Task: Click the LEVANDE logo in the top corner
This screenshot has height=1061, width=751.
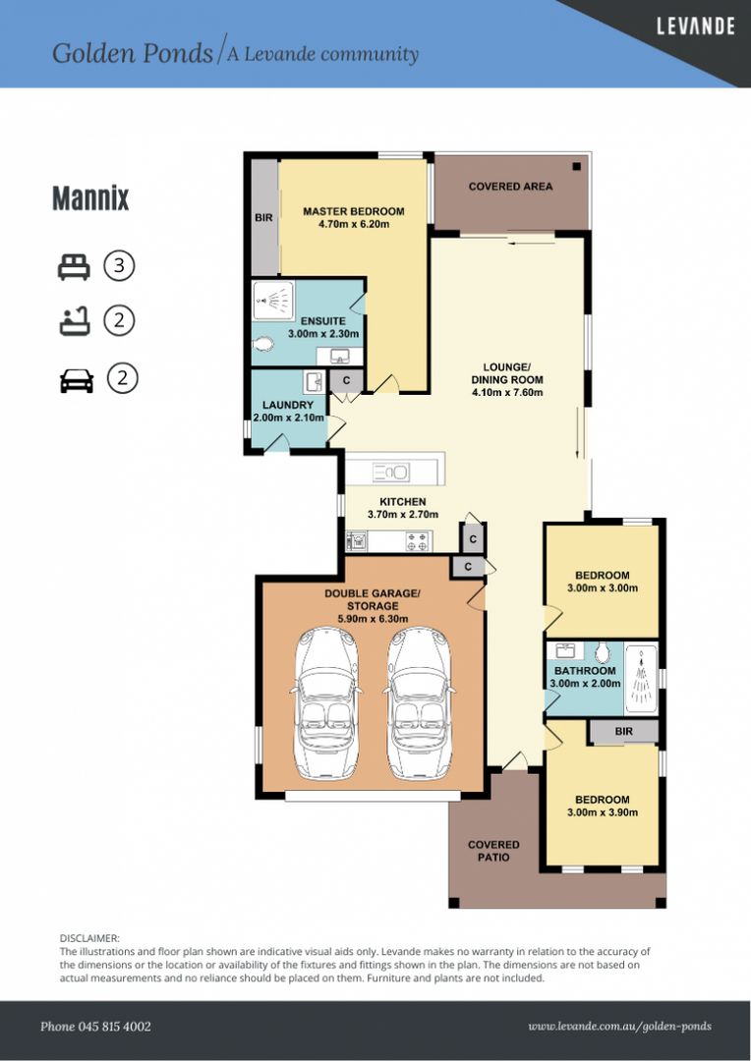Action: (695, 27)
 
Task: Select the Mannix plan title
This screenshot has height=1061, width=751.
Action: (90, 198)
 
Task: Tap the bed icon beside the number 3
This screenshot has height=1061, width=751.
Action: (75, 265)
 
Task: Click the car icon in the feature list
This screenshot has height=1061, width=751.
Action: (76, 379)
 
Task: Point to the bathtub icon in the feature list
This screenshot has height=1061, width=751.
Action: (75, 321)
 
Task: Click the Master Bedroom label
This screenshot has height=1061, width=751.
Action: (353, 211)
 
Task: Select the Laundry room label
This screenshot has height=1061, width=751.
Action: (288, 405)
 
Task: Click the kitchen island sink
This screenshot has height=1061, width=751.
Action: (391, 473)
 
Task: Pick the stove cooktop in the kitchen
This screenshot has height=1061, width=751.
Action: (416, 539)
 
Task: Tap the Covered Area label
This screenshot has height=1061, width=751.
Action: (510, 186)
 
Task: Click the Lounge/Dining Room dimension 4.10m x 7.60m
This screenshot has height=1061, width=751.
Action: (507, 393)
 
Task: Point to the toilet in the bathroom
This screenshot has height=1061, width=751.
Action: (603, 653)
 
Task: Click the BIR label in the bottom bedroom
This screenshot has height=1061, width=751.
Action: (623, 732)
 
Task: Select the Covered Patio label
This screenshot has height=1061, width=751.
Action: (493, 851)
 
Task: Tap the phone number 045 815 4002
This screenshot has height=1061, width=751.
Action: (95, 1027)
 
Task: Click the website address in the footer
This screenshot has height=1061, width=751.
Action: (619, 1027)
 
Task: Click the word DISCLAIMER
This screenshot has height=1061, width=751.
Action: (89, 939)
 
